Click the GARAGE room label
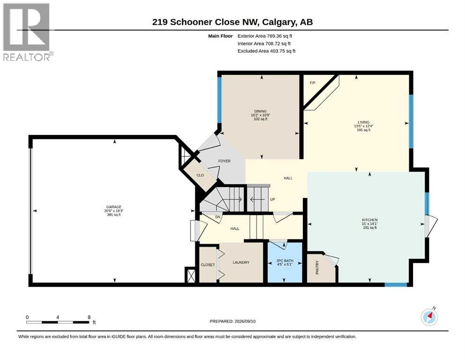114,207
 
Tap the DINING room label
260,111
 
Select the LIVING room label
363,122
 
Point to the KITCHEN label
369,220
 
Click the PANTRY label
317,267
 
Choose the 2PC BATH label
285,261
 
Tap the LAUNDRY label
241,262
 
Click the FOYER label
224,161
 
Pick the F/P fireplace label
312,83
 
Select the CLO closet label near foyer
200,175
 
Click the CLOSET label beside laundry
207,265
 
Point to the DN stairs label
218,217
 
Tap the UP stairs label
273,199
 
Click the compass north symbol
429,317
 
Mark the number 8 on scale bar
89,317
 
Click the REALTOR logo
28,32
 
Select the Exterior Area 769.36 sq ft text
265,36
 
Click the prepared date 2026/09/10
245,321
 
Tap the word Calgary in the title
279,22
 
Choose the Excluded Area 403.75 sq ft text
266,51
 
